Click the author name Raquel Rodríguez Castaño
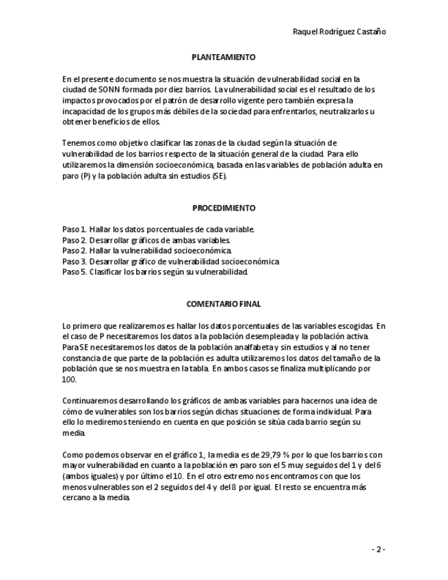[334, 31]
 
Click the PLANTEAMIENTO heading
[224, 57]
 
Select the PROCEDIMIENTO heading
[224, 208]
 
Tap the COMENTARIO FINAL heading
[224, 304]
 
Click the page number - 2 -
[378, 549]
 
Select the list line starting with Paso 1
[158, 229]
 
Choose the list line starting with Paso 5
[155, 272]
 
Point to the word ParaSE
[74, 348]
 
